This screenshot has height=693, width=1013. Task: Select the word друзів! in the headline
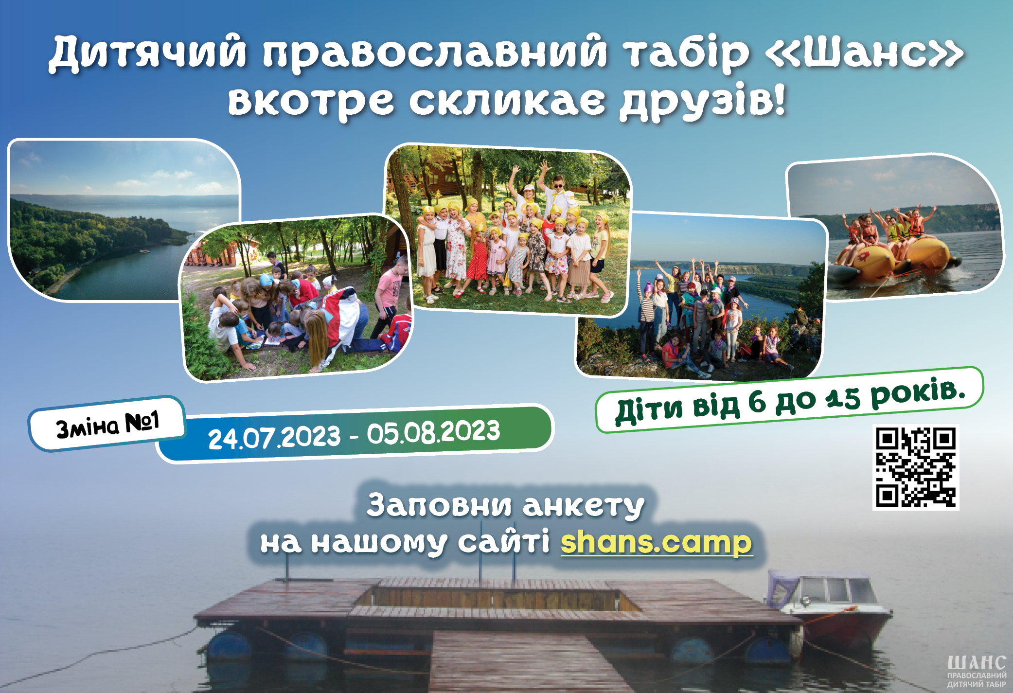(x=702, y=100)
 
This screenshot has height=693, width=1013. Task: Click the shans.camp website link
(x=657, y=542)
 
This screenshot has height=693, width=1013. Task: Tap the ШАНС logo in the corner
(x=977, y=671)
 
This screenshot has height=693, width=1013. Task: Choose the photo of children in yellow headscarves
(x=508, y=229)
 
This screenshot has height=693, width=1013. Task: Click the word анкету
(x=584, y=506)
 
